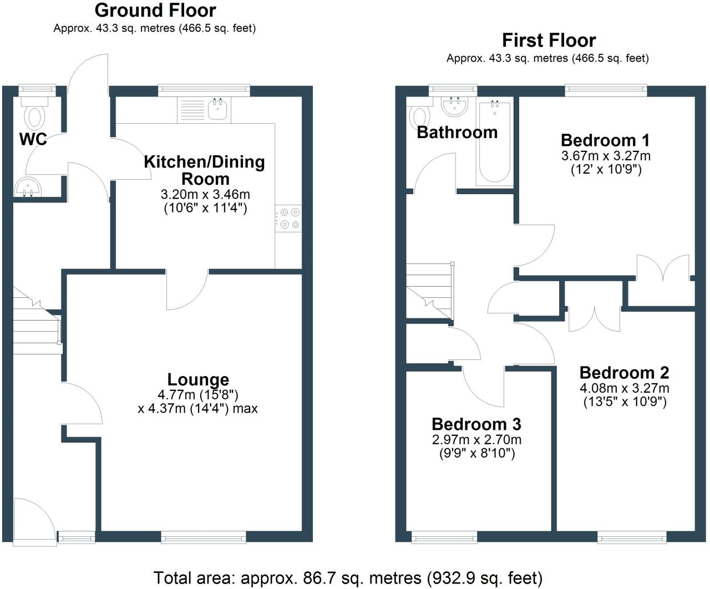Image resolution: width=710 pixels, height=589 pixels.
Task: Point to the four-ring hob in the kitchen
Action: [288, 218]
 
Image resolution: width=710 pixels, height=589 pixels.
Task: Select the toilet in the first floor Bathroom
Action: [420, 116]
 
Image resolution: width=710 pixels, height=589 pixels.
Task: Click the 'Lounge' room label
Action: [198, 380]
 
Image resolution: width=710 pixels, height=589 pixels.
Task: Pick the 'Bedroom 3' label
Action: [476, 424]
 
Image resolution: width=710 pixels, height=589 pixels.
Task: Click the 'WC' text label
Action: [33, 140]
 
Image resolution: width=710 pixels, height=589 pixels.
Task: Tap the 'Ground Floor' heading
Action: [155, 10]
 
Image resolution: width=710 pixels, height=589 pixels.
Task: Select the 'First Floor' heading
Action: [549, 40]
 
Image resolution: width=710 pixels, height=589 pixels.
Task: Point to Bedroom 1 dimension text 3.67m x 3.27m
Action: [606, 156]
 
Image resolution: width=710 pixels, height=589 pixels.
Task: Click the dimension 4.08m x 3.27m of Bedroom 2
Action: [625, 388]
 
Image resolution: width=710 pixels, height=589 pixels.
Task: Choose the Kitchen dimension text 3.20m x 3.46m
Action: [205, 195]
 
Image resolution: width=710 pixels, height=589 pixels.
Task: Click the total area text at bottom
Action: [348, 578]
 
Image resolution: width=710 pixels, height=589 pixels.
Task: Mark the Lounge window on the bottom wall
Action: [204, 536]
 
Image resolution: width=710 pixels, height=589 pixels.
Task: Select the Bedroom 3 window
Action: [444, 536]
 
